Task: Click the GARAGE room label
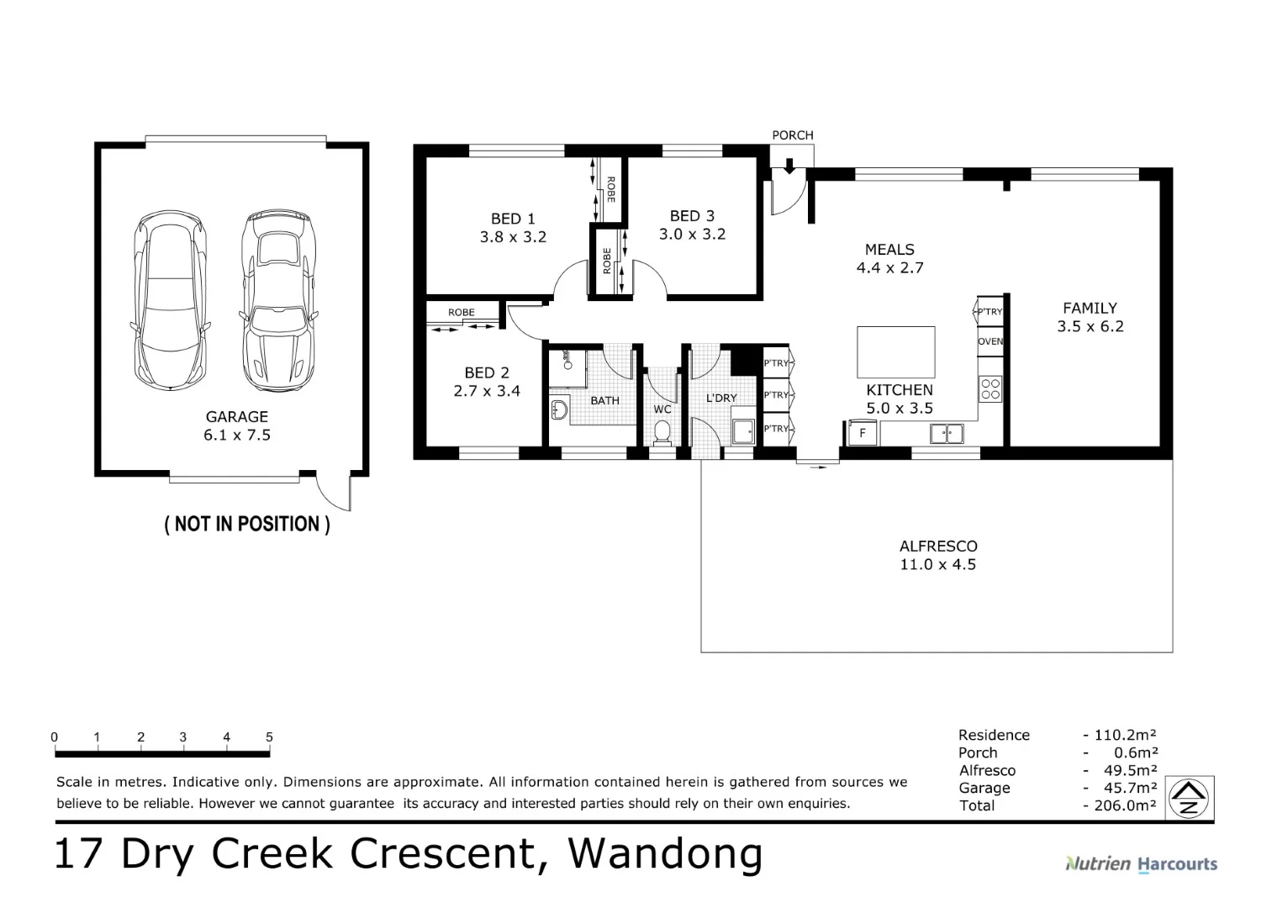tap(236, 417)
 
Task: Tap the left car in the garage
tap(169, 300)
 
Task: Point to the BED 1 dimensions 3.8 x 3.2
tap(513, 237)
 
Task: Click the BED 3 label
tap(692, 216)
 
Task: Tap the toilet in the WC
tap(662, 433)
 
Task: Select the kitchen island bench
tap(895, 352)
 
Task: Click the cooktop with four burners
tap(990, 388)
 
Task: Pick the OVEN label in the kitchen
tap(990, 342)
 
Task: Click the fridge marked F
tap(861, 434)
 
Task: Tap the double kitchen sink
tap(947, 434)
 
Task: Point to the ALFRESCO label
tap(937, 546)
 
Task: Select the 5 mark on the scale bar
tap(269, 737)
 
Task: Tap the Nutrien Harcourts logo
tap(1141, 863)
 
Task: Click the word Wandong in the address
tap(666, 853)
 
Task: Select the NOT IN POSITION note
tap(246, 525)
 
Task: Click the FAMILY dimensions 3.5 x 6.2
tap(1090, 327)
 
